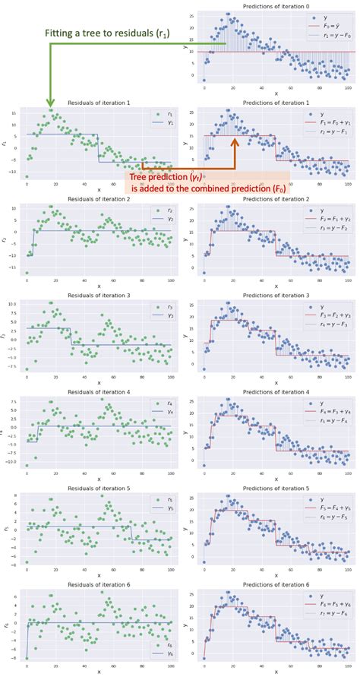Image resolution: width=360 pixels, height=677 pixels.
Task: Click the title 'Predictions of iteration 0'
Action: pyautogui.click(x=276, y=6)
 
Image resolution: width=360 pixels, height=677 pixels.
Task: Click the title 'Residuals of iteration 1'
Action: pyautogui.click(x=99, y=102)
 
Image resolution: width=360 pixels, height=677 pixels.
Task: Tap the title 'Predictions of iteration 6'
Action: pyautogui.click(x=276, y=585)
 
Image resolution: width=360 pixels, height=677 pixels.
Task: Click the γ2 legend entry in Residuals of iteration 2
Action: pyautogui.click(x=159, y=219)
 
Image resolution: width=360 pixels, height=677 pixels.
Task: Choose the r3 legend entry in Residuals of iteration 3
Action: pyautogui.click(x=159, y=306)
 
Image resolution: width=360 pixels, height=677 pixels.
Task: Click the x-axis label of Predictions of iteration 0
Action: pyautogui.click(x=276, y=94)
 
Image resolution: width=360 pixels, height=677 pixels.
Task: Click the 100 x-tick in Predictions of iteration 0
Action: pyautogui.click(x=346, y=87)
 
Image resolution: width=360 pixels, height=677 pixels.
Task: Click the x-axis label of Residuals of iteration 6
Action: pyautogui.click(x=99, y=672)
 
